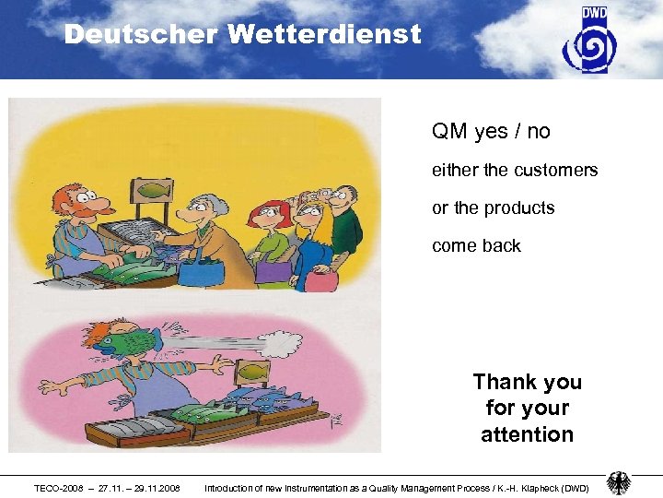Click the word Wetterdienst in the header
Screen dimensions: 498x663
click(323, 35)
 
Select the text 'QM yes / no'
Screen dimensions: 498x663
click(491, 132)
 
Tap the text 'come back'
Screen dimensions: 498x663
click(476, 246)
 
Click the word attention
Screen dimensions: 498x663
click(527, 434)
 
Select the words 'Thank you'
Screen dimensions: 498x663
click(527, 382)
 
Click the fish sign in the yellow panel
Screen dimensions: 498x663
click(152, 191)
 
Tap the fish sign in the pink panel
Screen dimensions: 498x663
click(250, 371)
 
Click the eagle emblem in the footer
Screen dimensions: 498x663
click(619, 484)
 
